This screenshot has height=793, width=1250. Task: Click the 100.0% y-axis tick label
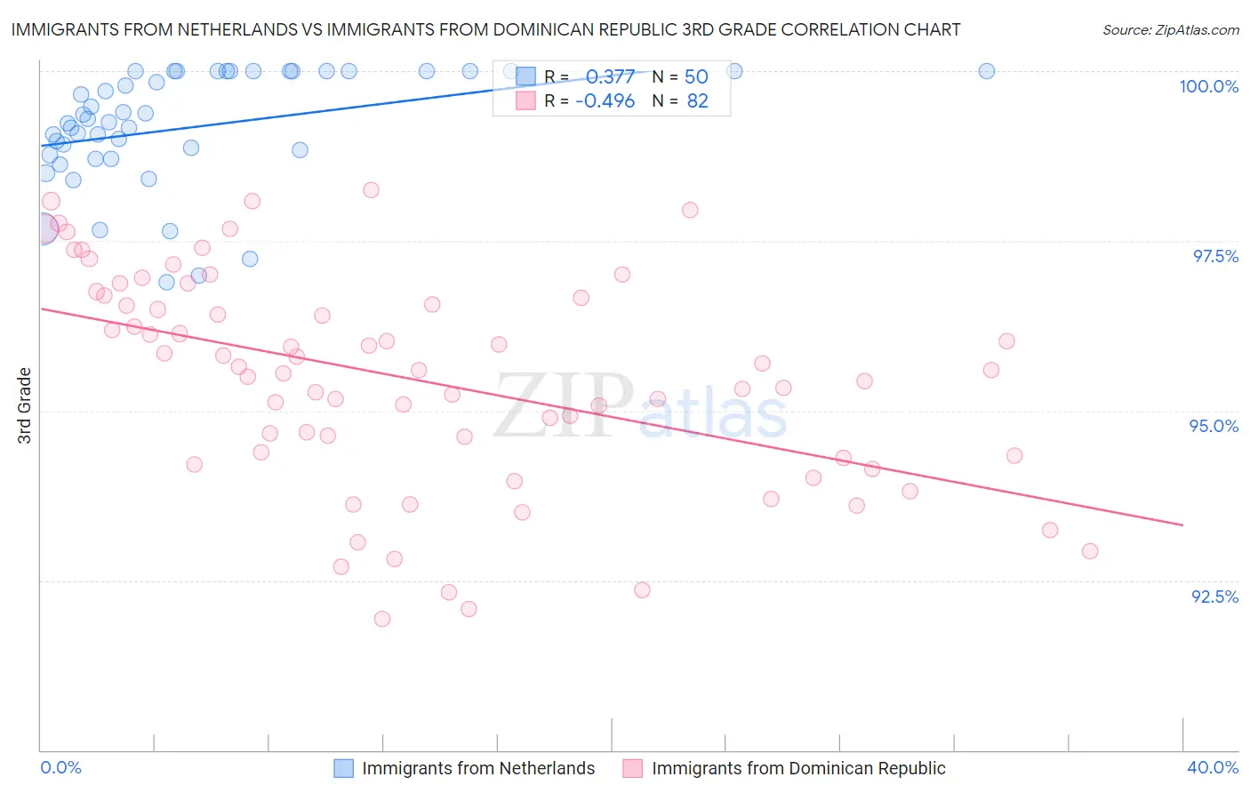pyautogui.click(x=1208, y=86)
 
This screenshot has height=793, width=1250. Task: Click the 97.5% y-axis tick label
pyautogui.click(x=1214, y=256)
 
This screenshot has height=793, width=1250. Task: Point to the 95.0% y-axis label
pyautogui.click(x=1214, y=426)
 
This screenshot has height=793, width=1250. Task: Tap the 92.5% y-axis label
pyautogui.click(x=1214, y=597)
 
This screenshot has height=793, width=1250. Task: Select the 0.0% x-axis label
pyautogui.click(x=60, y=767)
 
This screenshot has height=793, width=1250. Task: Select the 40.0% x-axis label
pyautogui.click(x=1213, y=767)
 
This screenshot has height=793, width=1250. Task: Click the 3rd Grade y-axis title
pyautogui.click(x=25, y=405)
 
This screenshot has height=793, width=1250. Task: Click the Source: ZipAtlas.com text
pyautogui.click(x=1170, y=29)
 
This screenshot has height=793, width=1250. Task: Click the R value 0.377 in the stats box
pyautogui.click(x=610, y=77)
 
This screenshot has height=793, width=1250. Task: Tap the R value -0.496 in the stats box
pyautogui.click(x=605, y=101)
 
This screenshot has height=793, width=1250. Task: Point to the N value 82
pyautogui.click(x=697, y=101)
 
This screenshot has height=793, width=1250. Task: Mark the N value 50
pyautogui.click(x=696, y=77)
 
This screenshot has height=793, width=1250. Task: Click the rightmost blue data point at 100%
pyautogui.click(x=986, y=71)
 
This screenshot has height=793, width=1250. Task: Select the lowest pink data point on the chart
pyautogui.click(x=382, y=619)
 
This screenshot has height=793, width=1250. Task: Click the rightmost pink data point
pyautogui.click(x=1090, y=551)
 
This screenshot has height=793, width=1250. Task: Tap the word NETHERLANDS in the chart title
pyautogui.click(x=237, y=29)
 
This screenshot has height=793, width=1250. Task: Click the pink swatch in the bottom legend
pyautogui.click(x=632, y=768)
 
